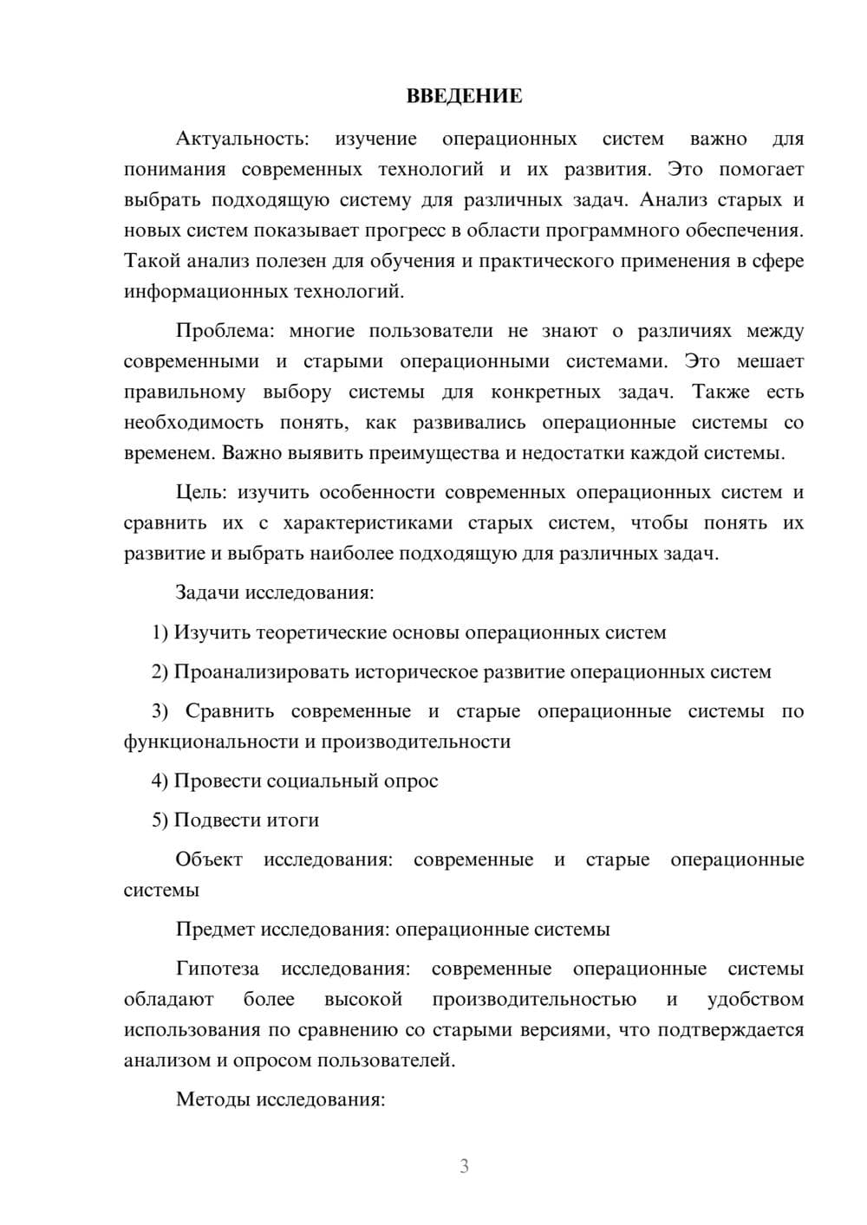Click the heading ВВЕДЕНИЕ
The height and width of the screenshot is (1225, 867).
[x=464, y=96]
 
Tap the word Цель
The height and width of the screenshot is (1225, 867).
[x=201, y=493]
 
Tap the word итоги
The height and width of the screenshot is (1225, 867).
[x=293, y=820]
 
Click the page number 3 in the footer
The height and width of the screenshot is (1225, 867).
[x=464, y=1166]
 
